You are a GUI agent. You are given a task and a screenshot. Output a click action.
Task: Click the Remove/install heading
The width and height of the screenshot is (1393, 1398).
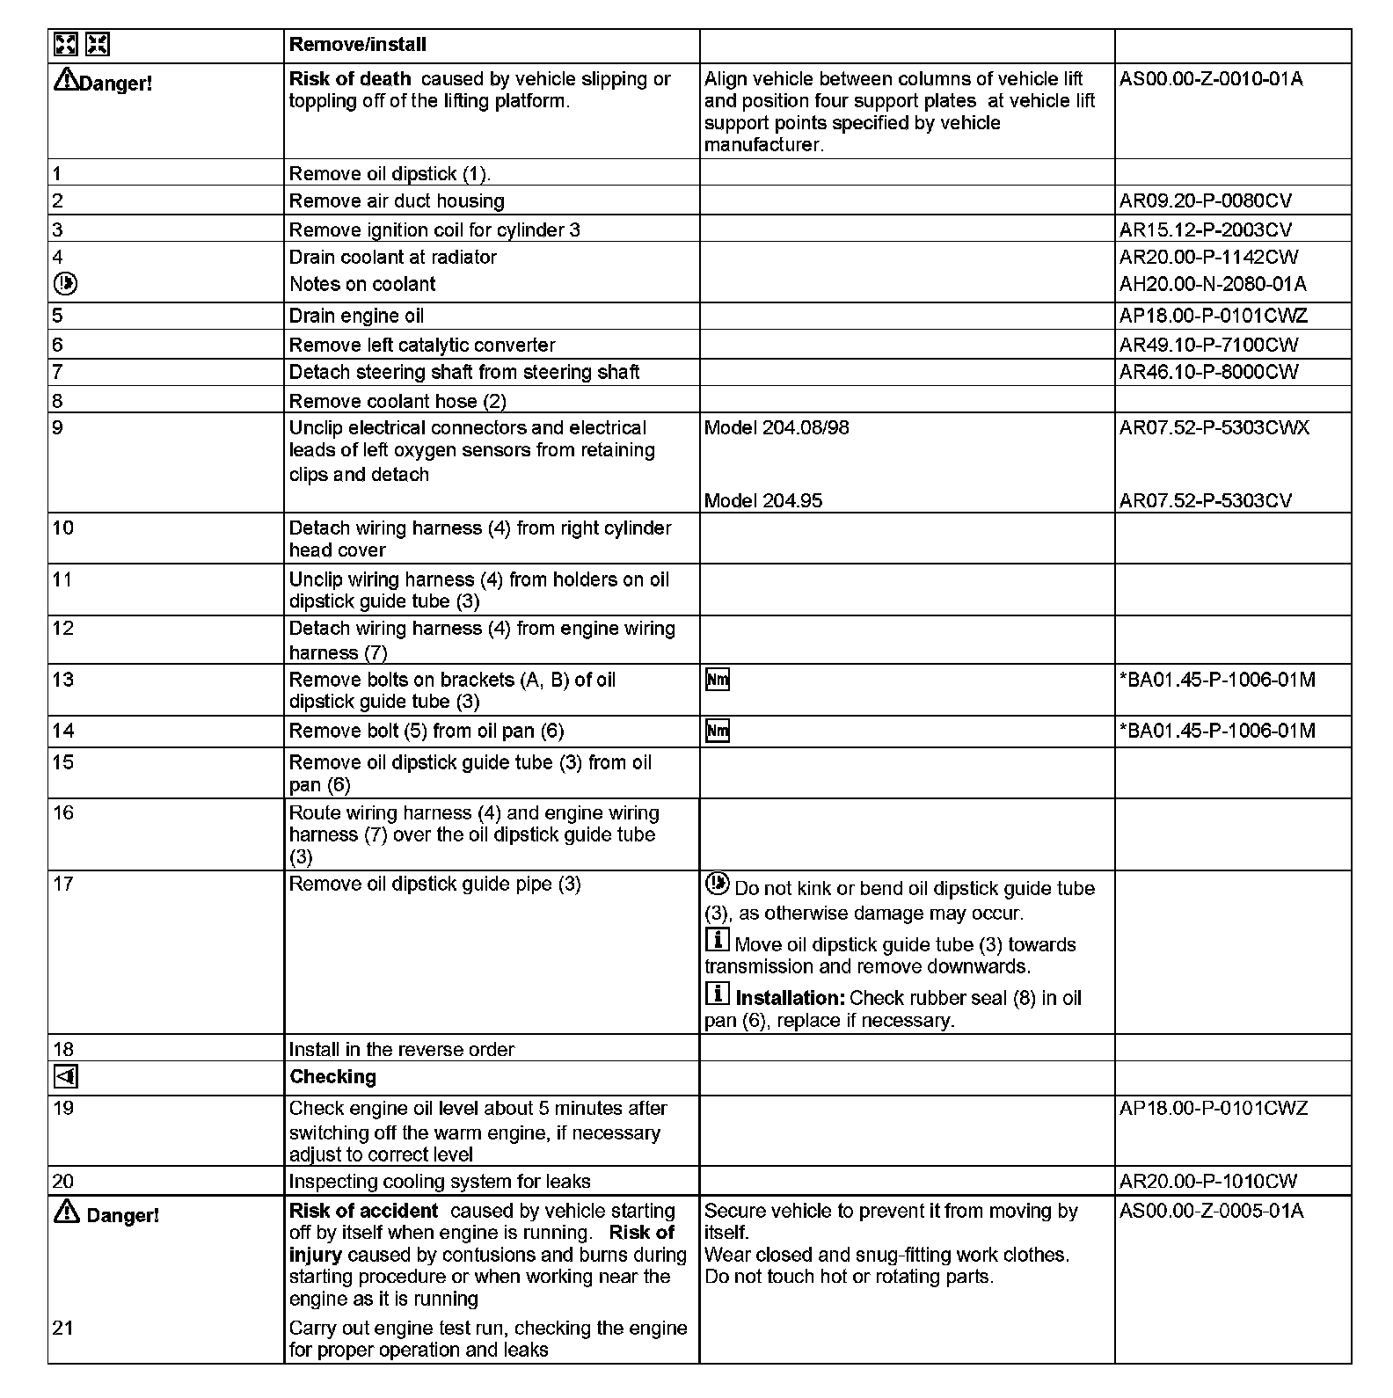pyautogui.click(x=357, y=45)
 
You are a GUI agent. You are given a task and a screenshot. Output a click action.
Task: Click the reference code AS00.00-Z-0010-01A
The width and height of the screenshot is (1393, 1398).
pyautogui.click(x=1210, y=79)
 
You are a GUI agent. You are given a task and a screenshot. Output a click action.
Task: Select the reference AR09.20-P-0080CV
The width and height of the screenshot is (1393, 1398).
pyautogui.click(x=1205, y=200)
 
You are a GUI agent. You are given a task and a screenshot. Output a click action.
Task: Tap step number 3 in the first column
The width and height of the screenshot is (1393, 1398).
pyautogui.click(x=58, y=229)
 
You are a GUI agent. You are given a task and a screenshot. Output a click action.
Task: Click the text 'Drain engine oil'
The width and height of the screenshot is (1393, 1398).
pyautogui.click(x=356, y=316)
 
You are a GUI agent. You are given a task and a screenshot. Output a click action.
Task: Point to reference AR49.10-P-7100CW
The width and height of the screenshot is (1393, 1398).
pyautogui.click(x=1208, y=345)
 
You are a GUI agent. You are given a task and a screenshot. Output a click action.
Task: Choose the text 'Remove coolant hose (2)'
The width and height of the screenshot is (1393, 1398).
pyautogui.click(x=397, y=401)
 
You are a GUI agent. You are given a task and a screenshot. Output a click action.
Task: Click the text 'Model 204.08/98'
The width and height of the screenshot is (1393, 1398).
pyautogui.click(x=777, y=428)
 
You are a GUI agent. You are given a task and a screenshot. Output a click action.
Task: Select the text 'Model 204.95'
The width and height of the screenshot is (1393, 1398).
pyautogui.click(x=763, y=501)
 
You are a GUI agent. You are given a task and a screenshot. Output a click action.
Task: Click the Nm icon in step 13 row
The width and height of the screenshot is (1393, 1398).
pyautogui.click(x=718, y=680)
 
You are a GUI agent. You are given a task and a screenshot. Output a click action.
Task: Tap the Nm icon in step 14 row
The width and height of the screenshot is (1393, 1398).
pyautogui.click(x=718, y=731)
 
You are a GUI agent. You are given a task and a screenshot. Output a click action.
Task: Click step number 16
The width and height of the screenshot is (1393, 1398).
pyautogui.click(x=63, y=812)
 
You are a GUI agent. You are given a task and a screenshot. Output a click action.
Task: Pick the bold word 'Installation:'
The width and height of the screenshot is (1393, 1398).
pyautogui.click(x=790, y=998)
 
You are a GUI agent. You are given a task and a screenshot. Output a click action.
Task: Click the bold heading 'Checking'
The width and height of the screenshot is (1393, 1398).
pyautogui.click(x=332, y=1077)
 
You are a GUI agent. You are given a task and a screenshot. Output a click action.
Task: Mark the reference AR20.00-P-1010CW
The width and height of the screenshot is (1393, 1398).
pyautogui.click(x=1208, y=1182)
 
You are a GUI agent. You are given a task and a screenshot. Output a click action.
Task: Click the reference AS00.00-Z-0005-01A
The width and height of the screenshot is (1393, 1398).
pyautogui.click(x=1211, y=1211)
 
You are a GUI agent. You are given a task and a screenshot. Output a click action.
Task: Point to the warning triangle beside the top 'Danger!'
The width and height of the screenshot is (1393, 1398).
pyautogui.click(x=66, y=81)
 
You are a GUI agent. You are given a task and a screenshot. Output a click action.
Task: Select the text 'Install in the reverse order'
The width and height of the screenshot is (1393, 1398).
pyautogui.click(x=401, y=1049)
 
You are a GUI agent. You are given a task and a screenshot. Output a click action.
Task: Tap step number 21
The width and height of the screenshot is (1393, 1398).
pyautogui.click(x=63, y=1328)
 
